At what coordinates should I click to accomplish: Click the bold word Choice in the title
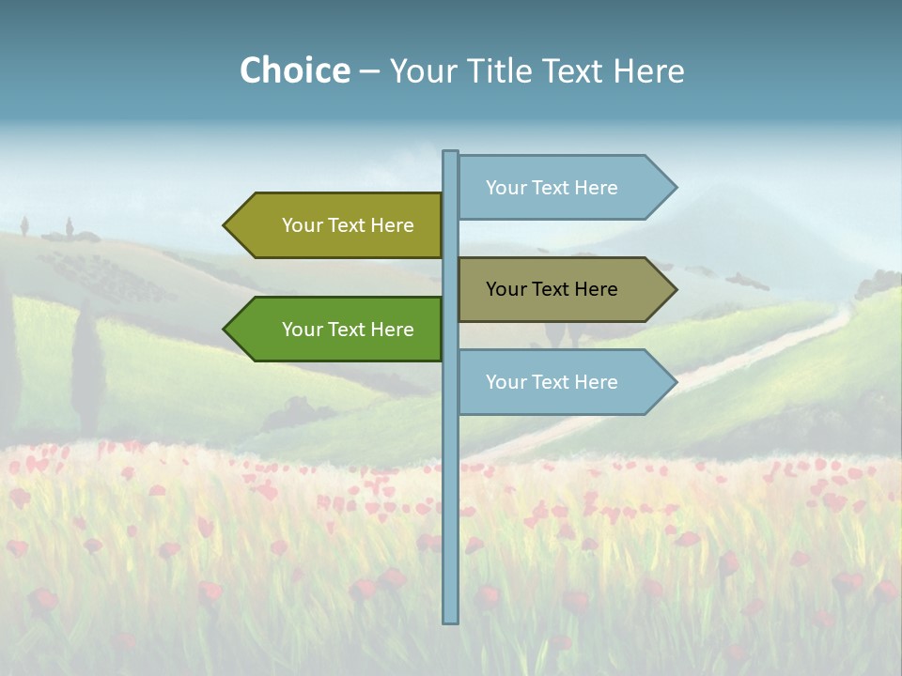pos(294,70)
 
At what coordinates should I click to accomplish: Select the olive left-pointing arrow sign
pos(338,225)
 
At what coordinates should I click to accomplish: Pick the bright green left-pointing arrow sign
pos(338,330)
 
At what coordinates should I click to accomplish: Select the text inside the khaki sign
pos(552,289)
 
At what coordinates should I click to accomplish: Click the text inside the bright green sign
pos(348,330)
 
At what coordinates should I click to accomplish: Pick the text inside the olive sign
pos(348,225)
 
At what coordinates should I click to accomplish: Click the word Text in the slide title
pos(573,70)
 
